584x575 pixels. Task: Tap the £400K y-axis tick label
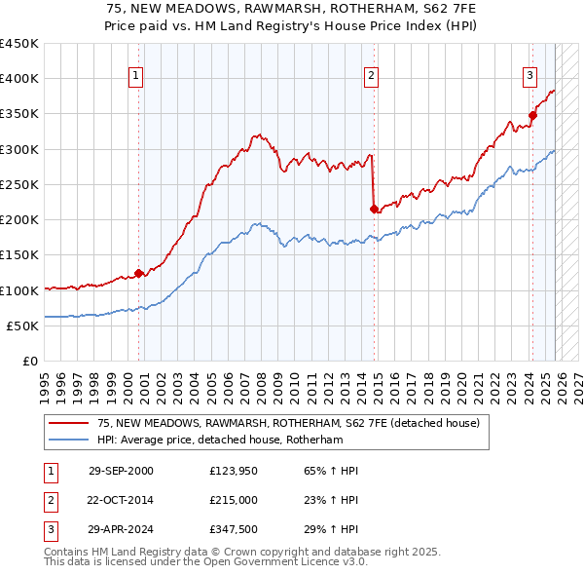19,79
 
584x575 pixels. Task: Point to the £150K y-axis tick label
19,254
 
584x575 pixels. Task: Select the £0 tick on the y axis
30,361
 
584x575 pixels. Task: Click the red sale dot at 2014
374,208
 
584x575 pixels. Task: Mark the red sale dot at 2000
139,273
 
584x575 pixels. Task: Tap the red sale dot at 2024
532,116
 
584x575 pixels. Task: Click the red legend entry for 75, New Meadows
288,424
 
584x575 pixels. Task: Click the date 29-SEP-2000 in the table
121,472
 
